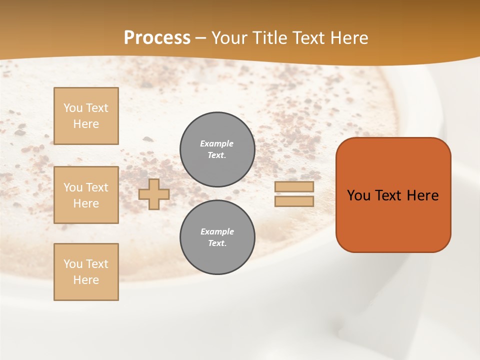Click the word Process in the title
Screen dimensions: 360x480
(x=157, y=38)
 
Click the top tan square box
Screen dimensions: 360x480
(x=86, y=116)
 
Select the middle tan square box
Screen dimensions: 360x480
(x=86, y=195)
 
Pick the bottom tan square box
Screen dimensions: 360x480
(x=86, y=272)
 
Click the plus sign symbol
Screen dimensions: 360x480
(x=154, y=194)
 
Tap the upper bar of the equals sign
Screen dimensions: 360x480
(x=294, y=186)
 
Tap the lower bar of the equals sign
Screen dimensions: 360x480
(x=294, y=201)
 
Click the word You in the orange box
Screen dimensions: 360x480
(x=358, y=195)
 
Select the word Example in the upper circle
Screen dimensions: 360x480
(x=217, y=143)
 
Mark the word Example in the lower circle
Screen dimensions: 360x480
(x=217, y=231)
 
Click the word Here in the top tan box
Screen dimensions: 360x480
(x=86, y=124)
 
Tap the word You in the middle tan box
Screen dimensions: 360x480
(x=73, y=187)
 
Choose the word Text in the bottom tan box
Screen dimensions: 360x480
(x=97, y=264)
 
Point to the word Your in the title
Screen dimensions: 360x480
(x=229, y=38)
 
